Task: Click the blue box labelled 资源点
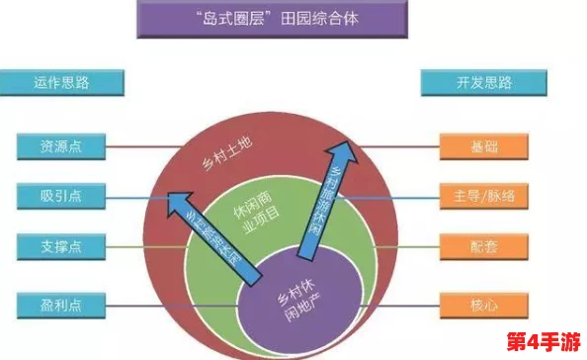point(62,146)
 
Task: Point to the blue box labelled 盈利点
point(62,305)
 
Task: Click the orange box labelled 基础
point(483,146)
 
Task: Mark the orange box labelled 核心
point(483,304)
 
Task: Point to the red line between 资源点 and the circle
point(128,146)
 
